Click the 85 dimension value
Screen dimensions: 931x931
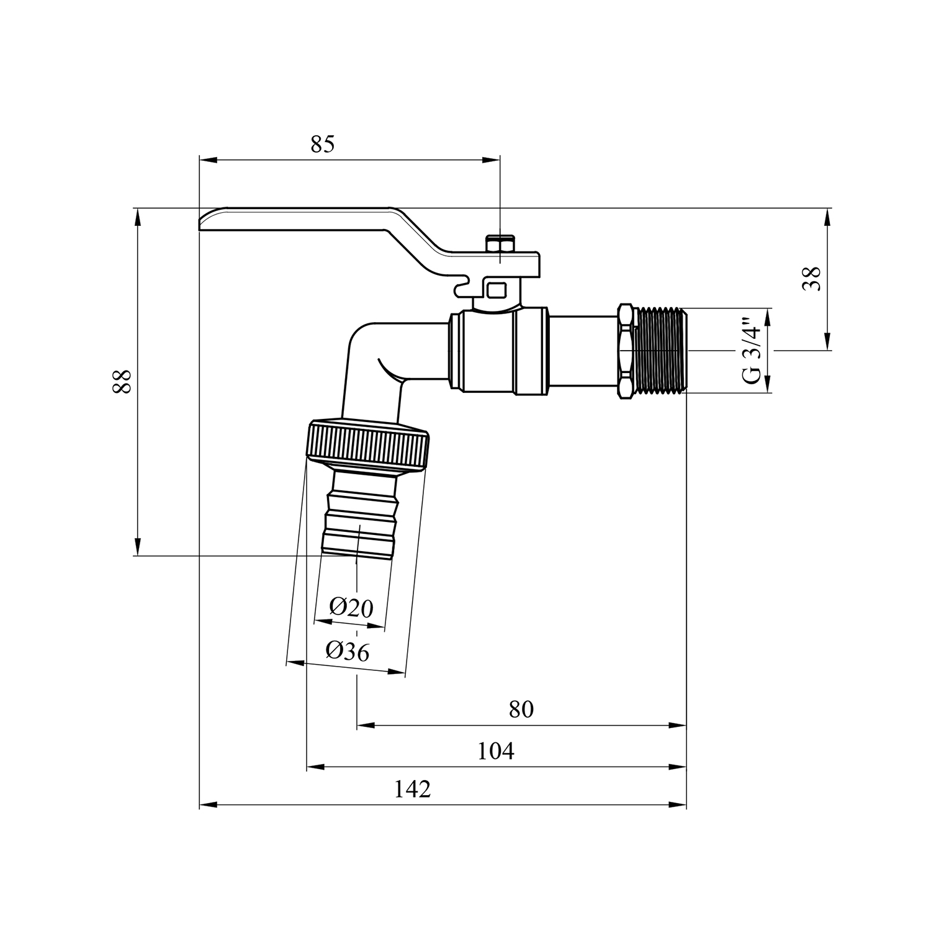click(x=323, y=144)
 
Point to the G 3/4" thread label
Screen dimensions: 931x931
click(x=751, y=351)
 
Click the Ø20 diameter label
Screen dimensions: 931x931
click(x=351, y=607)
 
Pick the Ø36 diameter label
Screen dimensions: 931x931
click(x=348, y=651)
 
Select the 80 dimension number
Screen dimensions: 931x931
click(x=521, y=709)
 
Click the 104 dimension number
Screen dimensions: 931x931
click(x=496, y=751)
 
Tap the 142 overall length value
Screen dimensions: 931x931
click(x=413, y=789)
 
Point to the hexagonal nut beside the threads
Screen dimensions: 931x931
click(x=627, y=351)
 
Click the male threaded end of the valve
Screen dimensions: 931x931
click(x=662, y=350)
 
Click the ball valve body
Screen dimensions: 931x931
click(x=498, y=351)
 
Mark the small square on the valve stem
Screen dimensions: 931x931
click(x=497, y=289)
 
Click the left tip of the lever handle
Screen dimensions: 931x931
click(x=202, y=223)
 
